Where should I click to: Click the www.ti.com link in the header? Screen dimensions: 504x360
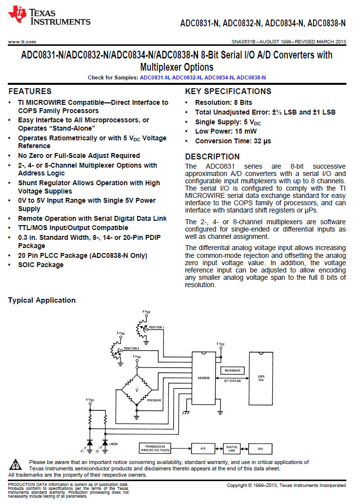tap(22, 42)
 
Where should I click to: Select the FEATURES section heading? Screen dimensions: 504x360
tap(30, 91)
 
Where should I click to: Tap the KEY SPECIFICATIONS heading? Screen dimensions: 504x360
tap(228, 91)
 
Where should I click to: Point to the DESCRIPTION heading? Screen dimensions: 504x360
tap(212, 156)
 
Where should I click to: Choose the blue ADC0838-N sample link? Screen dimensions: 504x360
tap(251, 78)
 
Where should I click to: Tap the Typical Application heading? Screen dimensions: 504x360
tap(42, 300)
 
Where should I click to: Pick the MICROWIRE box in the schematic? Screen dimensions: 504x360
tap(232, 371)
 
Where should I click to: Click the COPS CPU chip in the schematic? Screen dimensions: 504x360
tap(261, 379)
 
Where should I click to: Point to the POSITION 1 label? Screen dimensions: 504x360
tap(157, 327)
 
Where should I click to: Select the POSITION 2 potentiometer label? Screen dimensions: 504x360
tap(132, 349)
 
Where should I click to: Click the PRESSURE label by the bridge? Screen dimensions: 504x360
tap(154, 400)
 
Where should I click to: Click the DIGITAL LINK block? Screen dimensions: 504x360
tap(232, 448)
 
